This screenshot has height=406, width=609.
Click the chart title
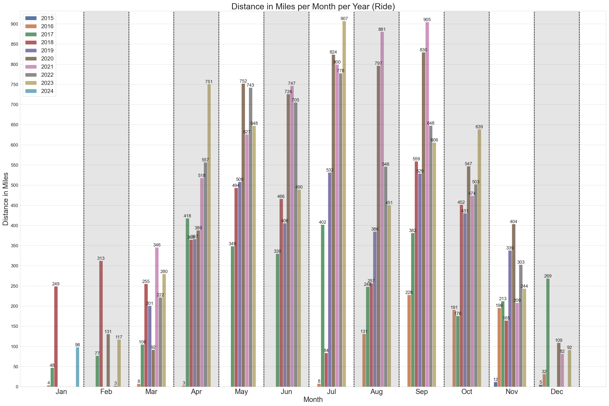313,6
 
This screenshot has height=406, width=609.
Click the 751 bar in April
209,236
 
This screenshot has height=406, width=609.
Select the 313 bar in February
101,324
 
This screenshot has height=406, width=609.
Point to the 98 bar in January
77,367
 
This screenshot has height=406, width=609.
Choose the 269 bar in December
548,333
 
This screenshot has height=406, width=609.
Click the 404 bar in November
513,306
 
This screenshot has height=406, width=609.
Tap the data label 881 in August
382,29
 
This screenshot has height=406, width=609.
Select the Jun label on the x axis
286,392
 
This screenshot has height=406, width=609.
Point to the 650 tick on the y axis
14,125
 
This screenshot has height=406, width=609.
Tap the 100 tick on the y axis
14,347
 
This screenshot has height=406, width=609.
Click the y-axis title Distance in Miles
6,199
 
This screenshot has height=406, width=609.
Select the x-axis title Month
313,400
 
